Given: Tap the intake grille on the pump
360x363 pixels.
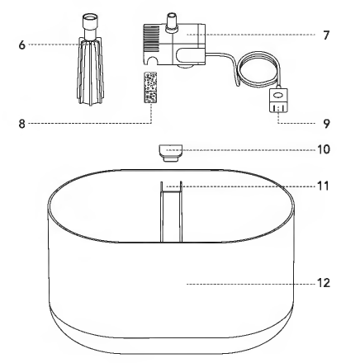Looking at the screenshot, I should pyautogui.click(x=150, y=35).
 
